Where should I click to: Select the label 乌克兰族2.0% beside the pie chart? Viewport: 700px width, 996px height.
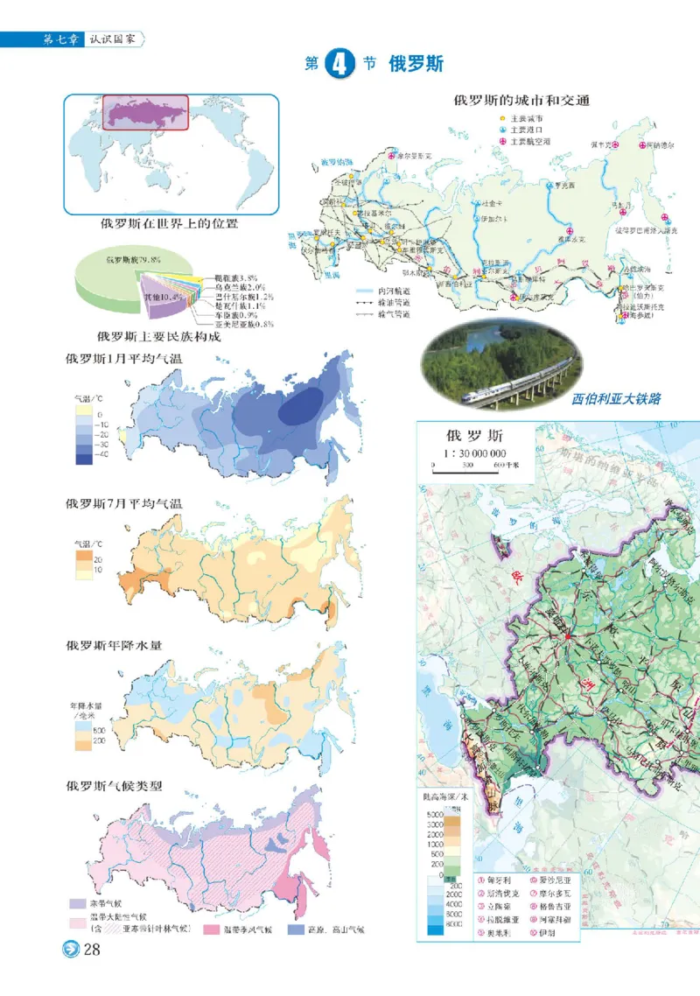pos(240,286)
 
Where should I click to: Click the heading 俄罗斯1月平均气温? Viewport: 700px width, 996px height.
pos(129,359)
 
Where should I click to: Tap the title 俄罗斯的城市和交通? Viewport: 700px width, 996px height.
pos(522,100)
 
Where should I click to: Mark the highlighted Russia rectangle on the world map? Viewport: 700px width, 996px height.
pos(146,112)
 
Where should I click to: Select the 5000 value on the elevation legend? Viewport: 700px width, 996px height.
pos(435,815)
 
